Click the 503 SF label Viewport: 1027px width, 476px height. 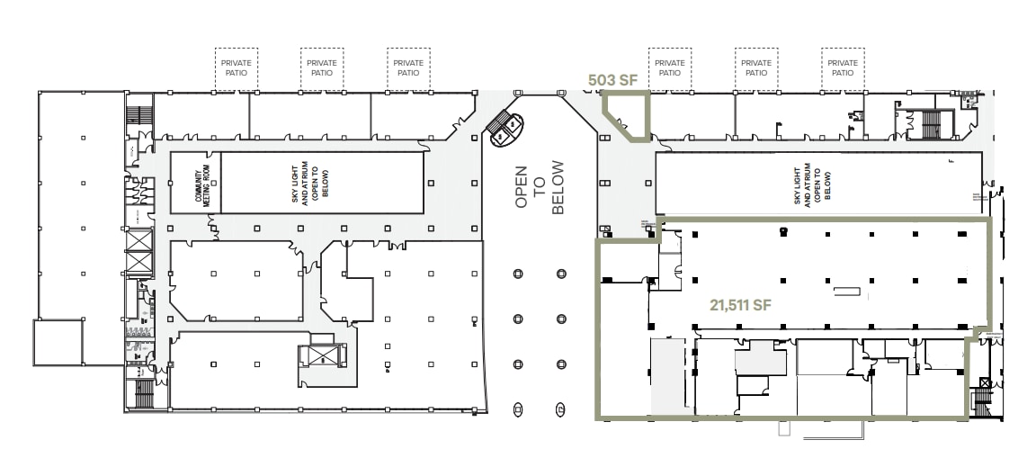[612, 80]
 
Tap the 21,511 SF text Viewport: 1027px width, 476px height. [735, 306]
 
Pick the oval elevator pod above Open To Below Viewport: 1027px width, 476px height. [505, 129]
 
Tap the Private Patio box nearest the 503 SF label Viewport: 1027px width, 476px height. [669, 68]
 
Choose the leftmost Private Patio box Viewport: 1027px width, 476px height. [236, 68]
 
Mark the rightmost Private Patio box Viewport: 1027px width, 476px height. [842, 68]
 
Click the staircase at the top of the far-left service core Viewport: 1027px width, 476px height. [138, 117]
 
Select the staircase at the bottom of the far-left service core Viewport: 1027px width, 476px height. [142, 393]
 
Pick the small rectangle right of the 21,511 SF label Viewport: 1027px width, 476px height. [846, 291]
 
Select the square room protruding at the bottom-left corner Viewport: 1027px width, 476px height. [58, 343]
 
